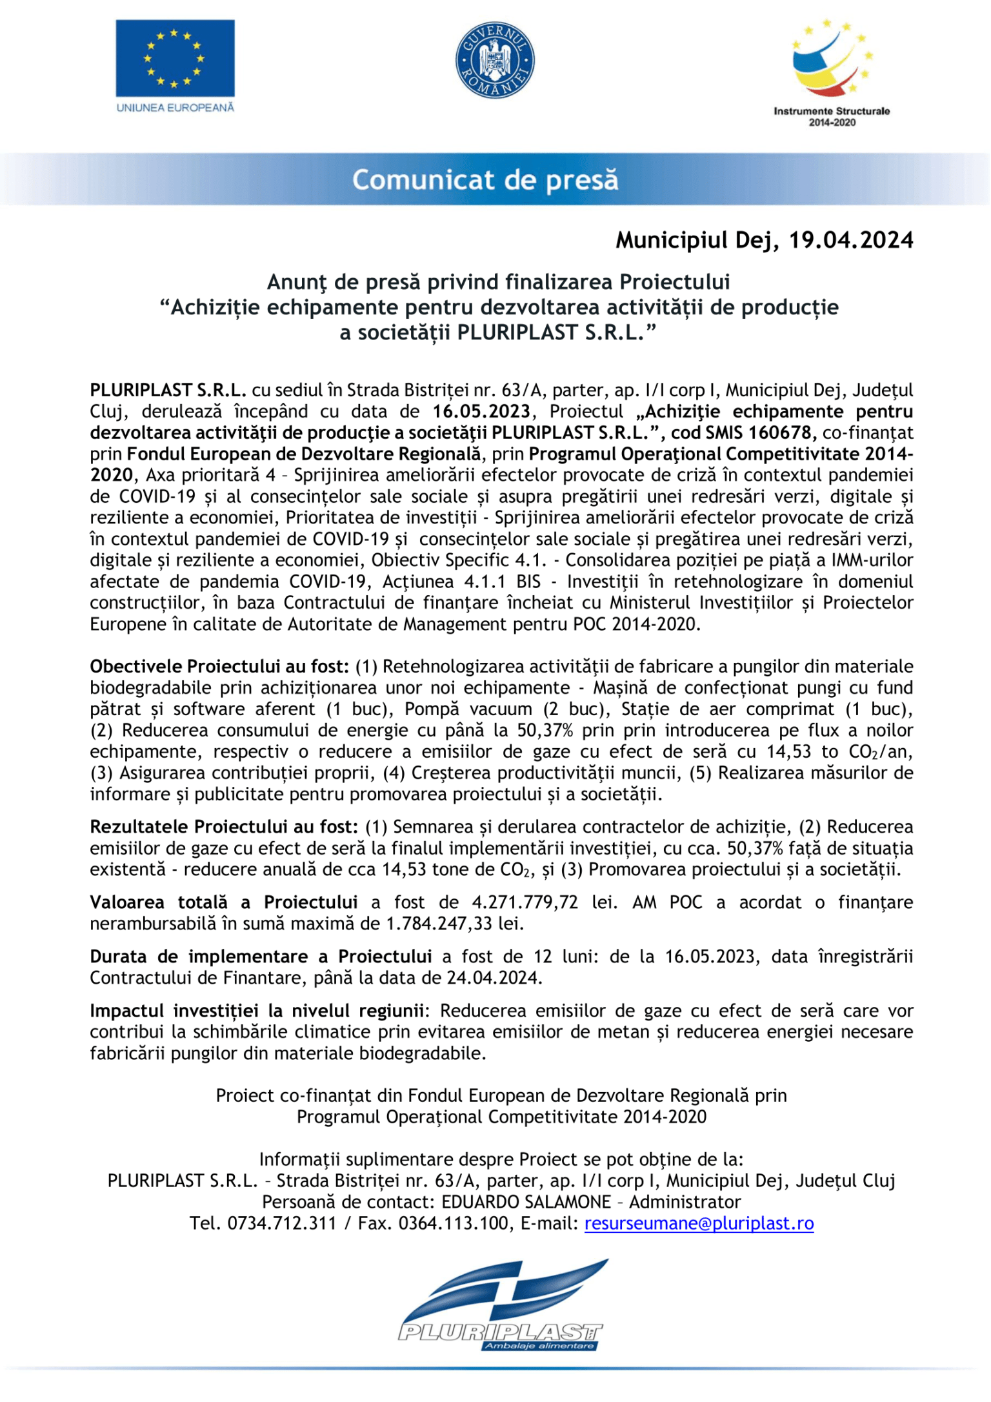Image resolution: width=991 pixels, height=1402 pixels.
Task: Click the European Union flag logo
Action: tap(175, 58)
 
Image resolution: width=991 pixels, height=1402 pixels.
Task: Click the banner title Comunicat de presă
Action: tap(485, 180)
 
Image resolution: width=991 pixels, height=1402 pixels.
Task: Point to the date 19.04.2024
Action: tap(851, 240)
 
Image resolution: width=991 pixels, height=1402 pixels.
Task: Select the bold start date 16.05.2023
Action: tap(481, 411)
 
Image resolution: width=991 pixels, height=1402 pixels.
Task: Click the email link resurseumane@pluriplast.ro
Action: tap(699, 1223)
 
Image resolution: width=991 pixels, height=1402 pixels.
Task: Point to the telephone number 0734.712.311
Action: tap(282, 1223)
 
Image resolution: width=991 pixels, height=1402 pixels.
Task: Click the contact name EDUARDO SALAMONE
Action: tap(526, 1202)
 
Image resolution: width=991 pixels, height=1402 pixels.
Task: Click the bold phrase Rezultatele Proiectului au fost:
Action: tap(224, 827)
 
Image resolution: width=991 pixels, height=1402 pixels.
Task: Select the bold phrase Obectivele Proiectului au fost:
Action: tap(219, 666)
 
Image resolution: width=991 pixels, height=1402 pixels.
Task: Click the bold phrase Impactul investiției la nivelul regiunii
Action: tap(256, 1011)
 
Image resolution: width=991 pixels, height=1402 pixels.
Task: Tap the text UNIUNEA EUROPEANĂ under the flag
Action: tap(175, 108)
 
